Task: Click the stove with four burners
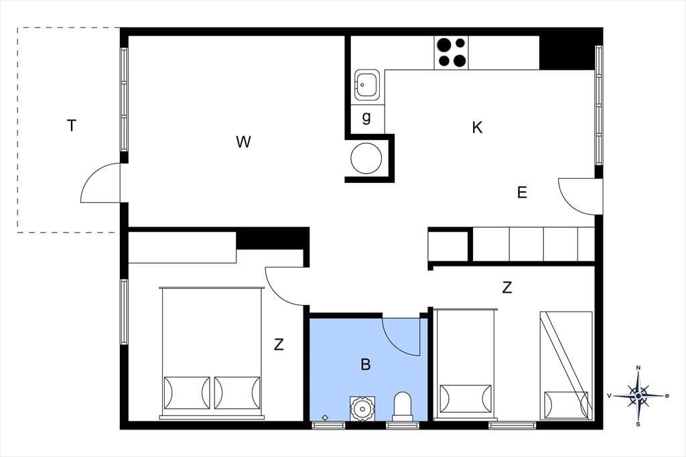pos(451,52)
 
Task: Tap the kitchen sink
pos(366,84)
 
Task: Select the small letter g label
pos(366,117)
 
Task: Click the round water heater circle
pos(366,158)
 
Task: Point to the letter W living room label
pos(243,142)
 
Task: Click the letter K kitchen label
pos(477,127)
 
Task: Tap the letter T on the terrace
pos(71,125)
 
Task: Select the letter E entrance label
pos(522,192)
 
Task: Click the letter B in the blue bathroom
pos(366,365)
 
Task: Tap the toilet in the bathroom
pos(403,406)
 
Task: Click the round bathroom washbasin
pos(362,408)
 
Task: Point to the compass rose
pos(638,396)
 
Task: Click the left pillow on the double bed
pos(186,393)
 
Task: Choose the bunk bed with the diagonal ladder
pos(566,365)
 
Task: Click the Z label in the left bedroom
pos(279,344)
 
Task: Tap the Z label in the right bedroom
pos(507,287)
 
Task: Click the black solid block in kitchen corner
pos(567,52)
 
